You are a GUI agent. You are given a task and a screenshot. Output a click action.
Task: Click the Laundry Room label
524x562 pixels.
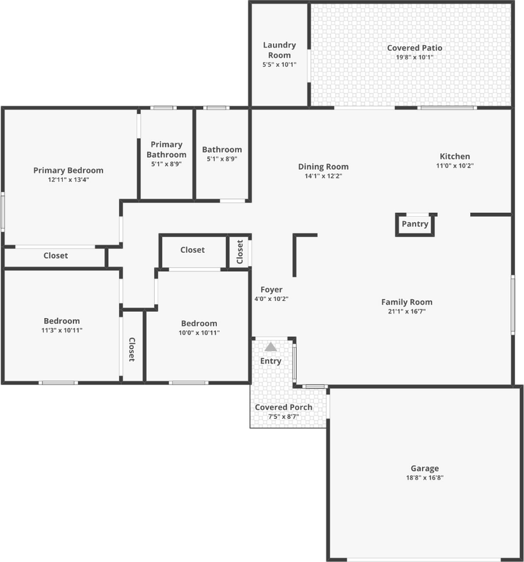point(279,50)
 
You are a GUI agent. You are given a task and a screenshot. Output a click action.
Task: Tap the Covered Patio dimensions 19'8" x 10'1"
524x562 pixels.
point(414,57)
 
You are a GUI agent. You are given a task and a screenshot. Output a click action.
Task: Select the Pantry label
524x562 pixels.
point(415,224)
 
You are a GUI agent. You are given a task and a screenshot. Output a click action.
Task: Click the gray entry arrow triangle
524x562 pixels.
point(271,347)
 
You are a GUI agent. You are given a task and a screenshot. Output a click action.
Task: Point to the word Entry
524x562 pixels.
point(271,361)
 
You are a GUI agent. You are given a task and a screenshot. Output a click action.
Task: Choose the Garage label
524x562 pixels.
point(425,468)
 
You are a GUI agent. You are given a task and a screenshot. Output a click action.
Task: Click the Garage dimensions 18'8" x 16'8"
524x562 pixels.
point(425,478)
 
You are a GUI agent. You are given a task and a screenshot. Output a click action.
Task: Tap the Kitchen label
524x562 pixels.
point(455,156)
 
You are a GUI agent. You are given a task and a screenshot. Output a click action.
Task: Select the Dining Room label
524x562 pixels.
point(323,167)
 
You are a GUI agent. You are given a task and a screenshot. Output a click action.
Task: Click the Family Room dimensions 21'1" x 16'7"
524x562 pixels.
point(406,312)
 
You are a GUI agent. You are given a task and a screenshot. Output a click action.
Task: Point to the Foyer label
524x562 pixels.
point(271,290)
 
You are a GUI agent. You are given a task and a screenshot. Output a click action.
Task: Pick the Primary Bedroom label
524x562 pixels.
point(68,170)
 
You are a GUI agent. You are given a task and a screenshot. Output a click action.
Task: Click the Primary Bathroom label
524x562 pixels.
point(167,150)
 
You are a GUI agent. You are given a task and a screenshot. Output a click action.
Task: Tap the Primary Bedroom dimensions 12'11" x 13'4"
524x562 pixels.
point(68,179)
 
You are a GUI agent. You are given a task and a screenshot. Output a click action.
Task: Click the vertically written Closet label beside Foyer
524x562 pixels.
point(240,252)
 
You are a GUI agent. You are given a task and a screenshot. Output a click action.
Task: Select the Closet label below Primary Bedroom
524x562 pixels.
point(56,256)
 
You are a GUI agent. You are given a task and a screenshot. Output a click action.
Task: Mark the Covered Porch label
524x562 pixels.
point(283,407)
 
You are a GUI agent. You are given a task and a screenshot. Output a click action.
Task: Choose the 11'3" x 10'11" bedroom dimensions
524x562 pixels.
point(62,330)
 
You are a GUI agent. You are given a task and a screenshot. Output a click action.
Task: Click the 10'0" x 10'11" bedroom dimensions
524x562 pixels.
point(199,333)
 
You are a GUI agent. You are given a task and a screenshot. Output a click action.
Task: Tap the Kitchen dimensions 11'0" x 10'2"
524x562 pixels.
point(455,166)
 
